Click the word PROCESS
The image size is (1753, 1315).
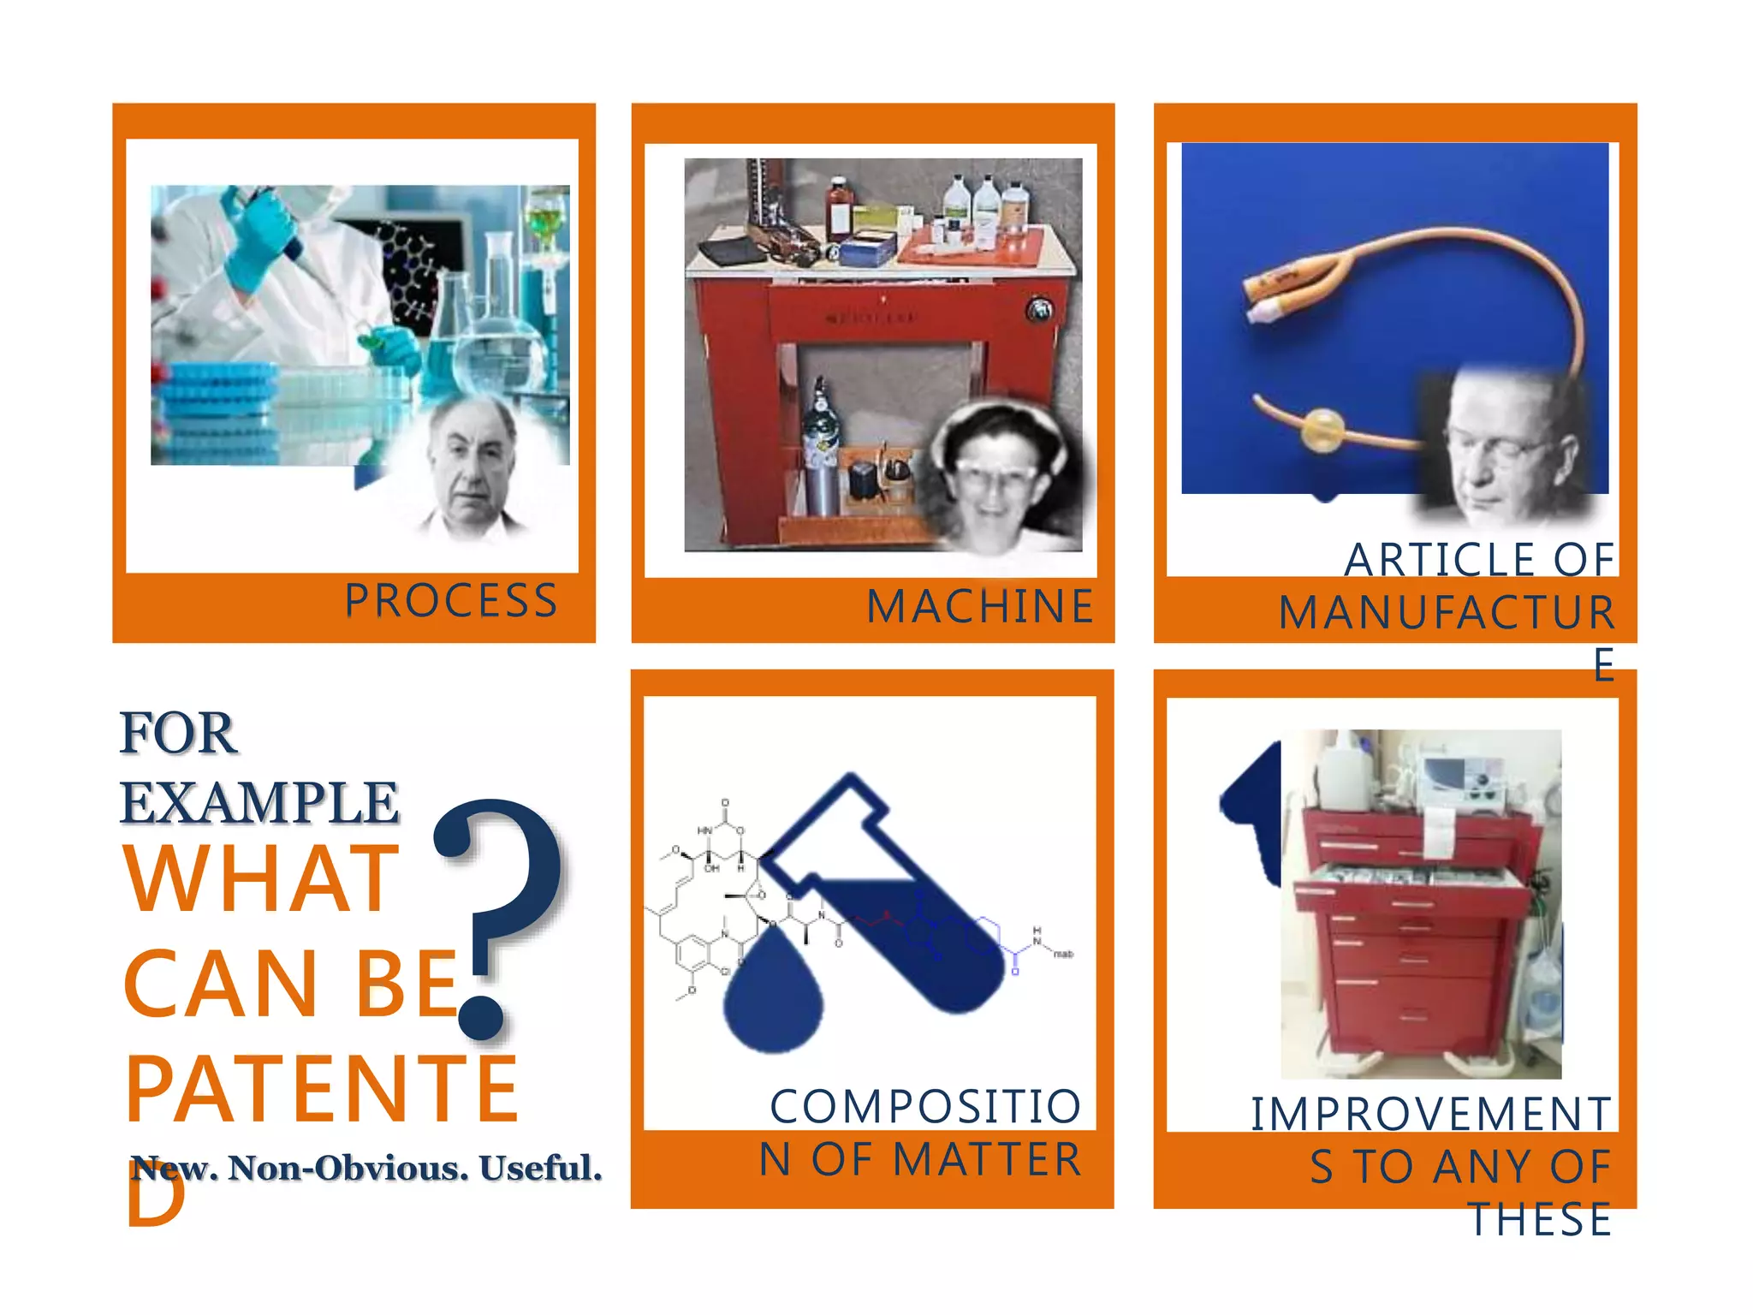coord(451,601)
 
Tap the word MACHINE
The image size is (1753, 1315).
coord(980,607)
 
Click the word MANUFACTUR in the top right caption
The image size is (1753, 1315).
coord(1447,613)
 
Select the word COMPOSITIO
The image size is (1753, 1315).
coord(925,1106)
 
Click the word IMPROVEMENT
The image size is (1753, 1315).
coord(1431,1114)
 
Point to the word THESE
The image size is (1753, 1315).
coord(1541,1220)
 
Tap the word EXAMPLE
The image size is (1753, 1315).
coord(259,803)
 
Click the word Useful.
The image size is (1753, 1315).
coord(539,1169)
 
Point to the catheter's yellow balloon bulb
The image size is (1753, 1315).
coord(1322,431)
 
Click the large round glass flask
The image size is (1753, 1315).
coord(496,351)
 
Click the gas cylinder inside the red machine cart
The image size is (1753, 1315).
coord(822,454)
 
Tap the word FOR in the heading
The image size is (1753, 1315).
coord(177,734)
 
